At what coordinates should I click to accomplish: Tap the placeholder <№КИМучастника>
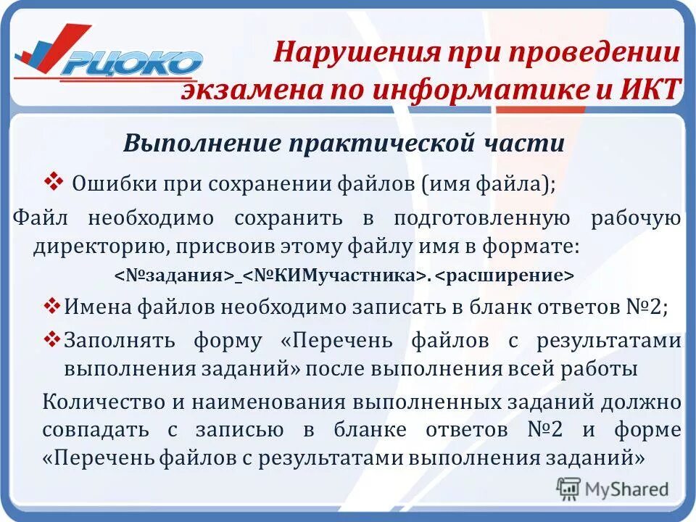[334, 276]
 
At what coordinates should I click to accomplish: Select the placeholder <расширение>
[505, 276]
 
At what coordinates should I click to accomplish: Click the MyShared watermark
[613, 489]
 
